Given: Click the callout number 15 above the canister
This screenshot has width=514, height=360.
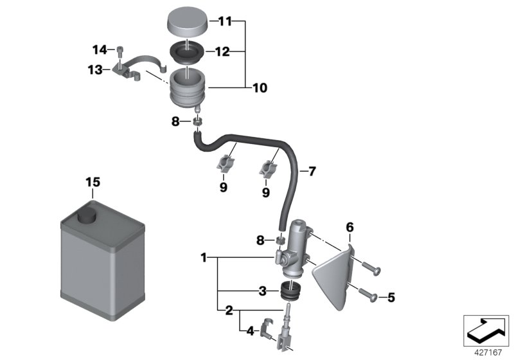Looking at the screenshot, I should pos(93,183).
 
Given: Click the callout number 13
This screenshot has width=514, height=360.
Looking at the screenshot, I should pos(95,70).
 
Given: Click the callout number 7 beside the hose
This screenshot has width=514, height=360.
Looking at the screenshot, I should pos(312,172).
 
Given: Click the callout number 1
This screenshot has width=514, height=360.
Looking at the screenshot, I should pos(204,258).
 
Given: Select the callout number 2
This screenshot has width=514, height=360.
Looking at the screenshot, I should pos(229,311).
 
